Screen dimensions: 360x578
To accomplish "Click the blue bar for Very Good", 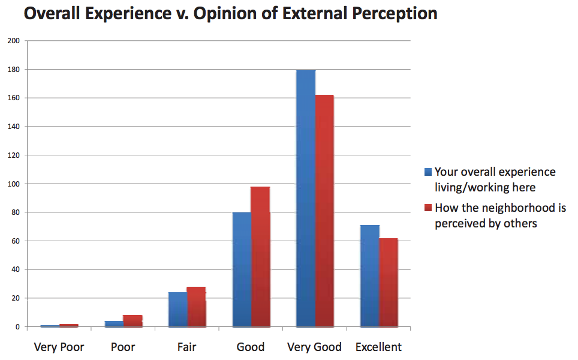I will point(306,198).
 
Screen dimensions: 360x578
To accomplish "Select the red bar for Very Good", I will point(324,210).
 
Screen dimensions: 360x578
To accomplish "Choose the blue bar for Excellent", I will point(370,276).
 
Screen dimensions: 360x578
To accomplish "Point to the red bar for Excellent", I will point(389,282).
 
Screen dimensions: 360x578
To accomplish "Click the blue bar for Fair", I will point(177,310).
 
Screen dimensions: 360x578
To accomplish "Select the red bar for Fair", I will point(196,307).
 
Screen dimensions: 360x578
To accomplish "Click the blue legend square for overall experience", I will point(428,172).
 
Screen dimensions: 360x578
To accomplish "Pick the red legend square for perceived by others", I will point(428,208).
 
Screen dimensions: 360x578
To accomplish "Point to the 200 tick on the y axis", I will point(13,41).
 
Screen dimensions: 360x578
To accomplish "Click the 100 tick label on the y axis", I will point(13,184).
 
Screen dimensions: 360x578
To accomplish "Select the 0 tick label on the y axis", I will point(17,327).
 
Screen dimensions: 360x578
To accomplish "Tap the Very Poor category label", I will point(59,347).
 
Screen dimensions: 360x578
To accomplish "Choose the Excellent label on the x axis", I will point(378,347).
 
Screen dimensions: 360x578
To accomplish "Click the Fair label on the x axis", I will point(186,347).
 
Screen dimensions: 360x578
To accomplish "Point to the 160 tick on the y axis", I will point(13,98).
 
